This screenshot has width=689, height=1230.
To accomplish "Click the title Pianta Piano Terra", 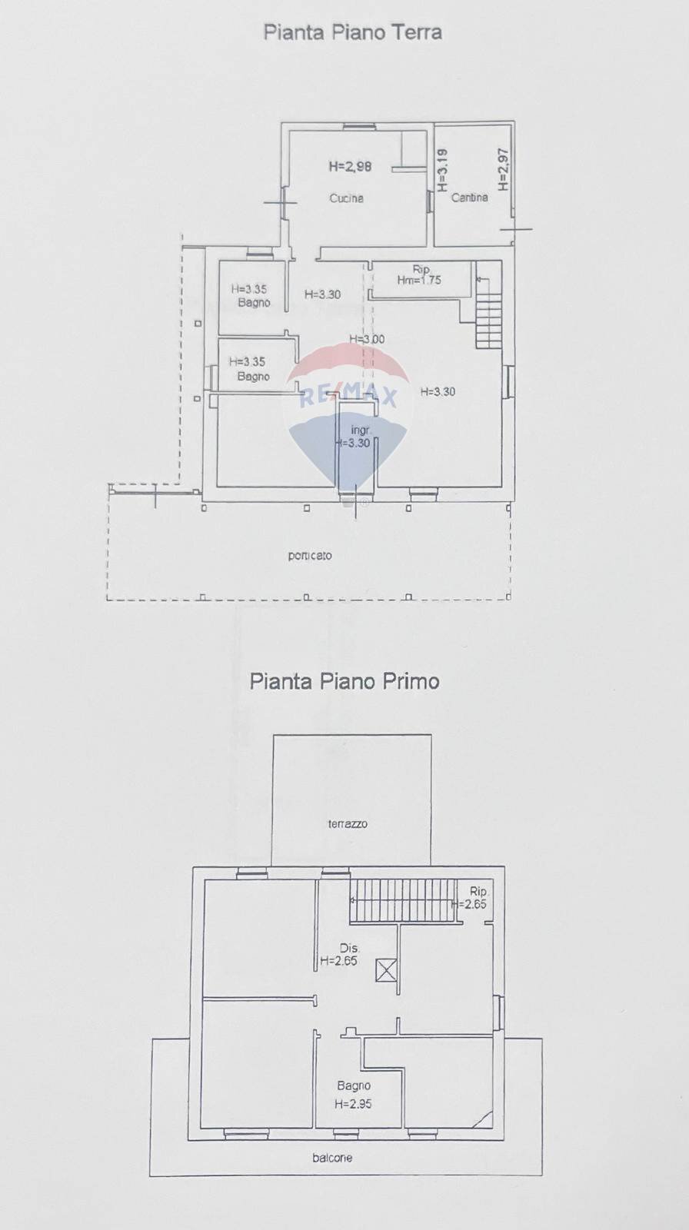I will pos(352,32).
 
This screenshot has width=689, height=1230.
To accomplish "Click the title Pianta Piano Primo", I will pos(344,681).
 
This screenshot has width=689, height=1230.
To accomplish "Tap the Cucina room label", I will pos(346,198).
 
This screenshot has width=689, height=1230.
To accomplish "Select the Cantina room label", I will pos(469,198).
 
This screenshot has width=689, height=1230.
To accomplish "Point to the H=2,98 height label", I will pos(350,166).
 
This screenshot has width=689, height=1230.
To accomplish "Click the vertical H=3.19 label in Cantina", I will pos(442,170).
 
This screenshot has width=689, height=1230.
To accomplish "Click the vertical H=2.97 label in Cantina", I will pos(503,169).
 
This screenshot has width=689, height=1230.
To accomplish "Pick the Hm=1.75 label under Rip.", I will pos(419,281).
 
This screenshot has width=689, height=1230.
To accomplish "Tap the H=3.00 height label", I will pos(367,339).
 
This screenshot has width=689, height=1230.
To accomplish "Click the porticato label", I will pos(310,555).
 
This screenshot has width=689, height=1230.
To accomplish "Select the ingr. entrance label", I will pos(360,430).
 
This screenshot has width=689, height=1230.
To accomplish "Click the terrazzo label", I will pos(348,823).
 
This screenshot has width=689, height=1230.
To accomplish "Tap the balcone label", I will pos(332,1158).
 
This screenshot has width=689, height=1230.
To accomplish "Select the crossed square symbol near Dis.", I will pos(386,970).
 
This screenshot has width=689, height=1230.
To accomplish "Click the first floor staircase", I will pos(403,900).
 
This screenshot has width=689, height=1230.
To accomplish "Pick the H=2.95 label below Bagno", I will pos(353,1104).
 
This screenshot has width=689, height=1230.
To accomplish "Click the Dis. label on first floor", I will pos(350,948).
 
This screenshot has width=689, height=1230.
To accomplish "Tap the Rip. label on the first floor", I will pos(478,891).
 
